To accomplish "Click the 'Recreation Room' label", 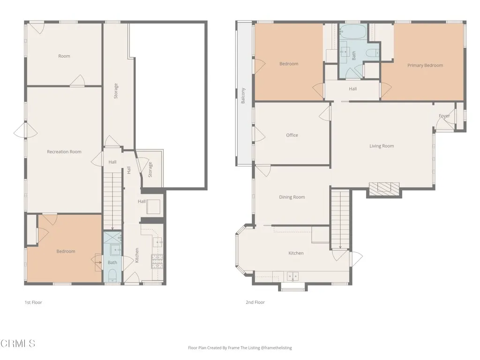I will (64, 152).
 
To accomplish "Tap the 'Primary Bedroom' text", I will (425, 66).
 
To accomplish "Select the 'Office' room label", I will (292, 135).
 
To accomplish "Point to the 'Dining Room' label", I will (292, 197).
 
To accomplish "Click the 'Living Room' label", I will (382, 146).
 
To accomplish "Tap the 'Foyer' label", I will (444, 116).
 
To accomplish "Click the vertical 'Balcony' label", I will (243, 96).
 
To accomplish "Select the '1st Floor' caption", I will (33, 303).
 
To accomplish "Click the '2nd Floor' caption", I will (255, 303).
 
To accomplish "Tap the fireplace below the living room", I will (384, 188).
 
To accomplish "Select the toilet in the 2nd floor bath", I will (373, 53).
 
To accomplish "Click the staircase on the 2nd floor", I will (341, 218).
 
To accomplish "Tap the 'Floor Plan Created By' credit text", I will (240, 348).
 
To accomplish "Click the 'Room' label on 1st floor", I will (64, 56).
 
